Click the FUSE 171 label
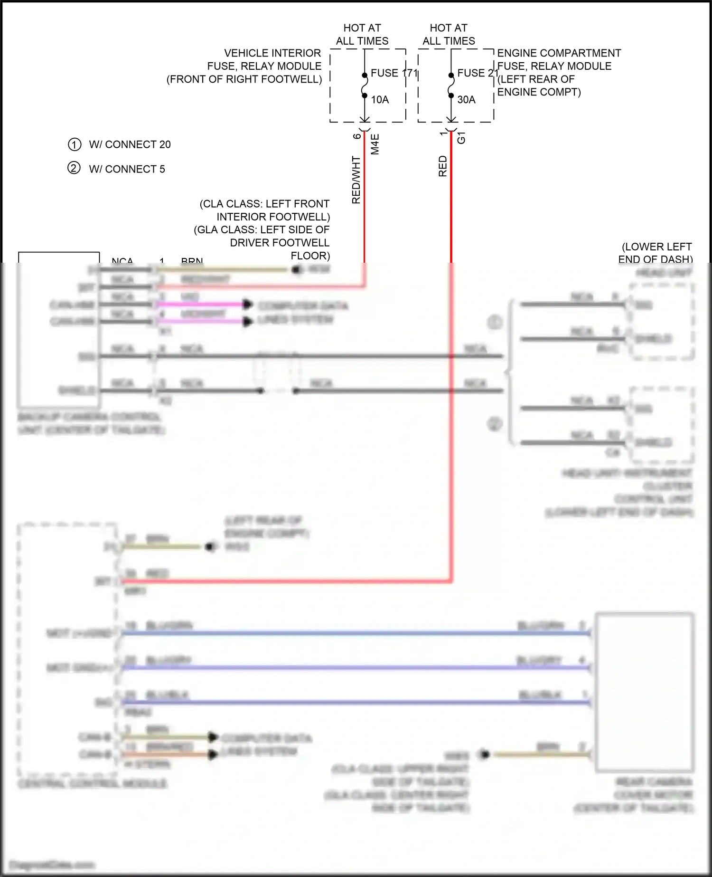pos(393,73)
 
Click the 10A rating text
pos(379,100)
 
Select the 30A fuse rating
pos(466,100)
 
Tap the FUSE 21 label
pos(477,73)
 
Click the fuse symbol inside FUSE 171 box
pos(365,86)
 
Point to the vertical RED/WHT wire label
pos(356,180)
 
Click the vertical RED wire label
pos(442,166)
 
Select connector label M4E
pos(375,144)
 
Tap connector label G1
pos(461,138)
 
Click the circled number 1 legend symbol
pos(75,144)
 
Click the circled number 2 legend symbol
pos(74,168)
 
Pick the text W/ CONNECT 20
pos(130,144)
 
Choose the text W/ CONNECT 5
pos(127,169)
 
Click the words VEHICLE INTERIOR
pos(272,53)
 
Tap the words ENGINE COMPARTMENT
pos(559,53)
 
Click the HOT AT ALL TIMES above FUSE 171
pos(362,34)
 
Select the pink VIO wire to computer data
pos(199,304)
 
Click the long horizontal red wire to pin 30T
pos(285,581)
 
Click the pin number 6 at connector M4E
pos(356,136)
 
